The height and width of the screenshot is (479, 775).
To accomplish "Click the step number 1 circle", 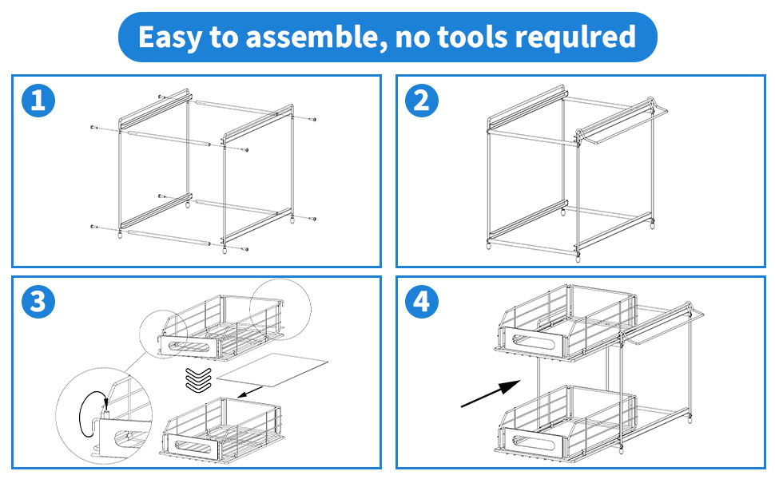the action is tap(38, 101).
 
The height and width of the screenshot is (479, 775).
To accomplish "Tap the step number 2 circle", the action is tap(423, 101).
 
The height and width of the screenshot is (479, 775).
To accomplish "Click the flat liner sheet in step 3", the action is tap(272, 369).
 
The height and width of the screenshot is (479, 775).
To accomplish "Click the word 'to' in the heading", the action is tap(230, 37).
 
